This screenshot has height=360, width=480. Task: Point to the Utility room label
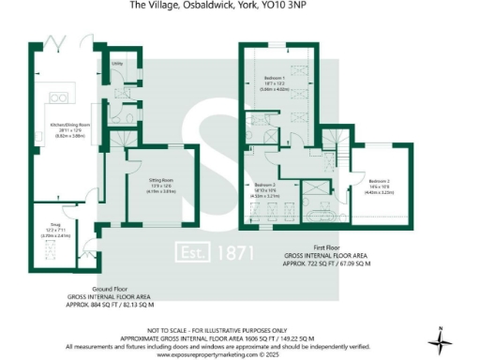pyautogui.click(x=117, y=65)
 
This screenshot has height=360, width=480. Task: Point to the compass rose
pyautogui.click(x=443, y=337)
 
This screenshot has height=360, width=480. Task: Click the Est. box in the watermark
pyautogui.click(x=196, y=253)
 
